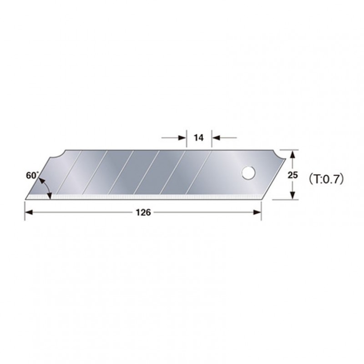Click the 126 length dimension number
143,212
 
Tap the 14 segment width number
199,138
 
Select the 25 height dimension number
293,175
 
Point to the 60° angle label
31,175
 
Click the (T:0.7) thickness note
326,179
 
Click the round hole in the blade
248,173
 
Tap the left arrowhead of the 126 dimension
29,212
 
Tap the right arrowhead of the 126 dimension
257,212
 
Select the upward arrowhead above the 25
293,154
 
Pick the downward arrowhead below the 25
293,195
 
